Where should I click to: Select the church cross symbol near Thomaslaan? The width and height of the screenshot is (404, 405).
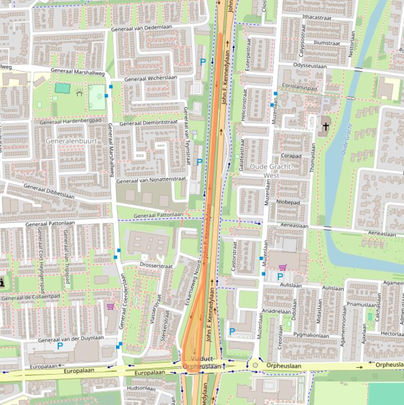[326, 127]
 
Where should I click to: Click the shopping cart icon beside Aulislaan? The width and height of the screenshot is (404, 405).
[283, 267]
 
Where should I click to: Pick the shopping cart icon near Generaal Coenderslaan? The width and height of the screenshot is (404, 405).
[110, 306]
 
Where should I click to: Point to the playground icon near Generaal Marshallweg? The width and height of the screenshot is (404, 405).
[79, 93]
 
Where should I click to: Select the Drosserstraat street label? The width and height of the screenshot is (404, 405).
[156, 266]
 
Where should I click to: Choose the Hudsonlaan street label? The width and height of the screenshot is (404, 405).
[142, 388]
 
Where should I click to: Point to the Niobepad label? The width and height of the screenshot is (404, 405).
[287, 202]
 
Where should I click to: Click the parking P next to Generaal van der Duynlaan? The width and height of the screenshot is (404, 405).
[60, 346]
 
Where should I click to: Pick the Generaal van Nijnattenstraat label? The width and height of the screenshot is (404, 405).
[151, 180]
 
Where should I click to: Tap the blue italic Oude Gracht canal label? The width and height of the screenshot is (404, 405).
[345, 139]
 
